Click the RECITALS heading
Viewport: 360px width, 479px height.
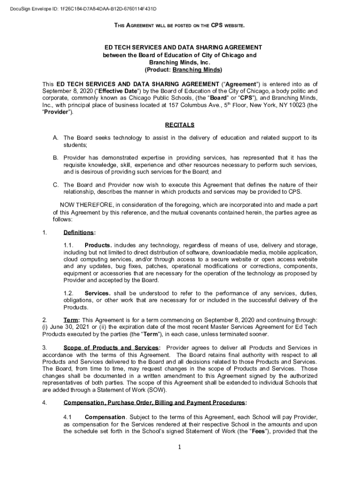click(x=180, y=125)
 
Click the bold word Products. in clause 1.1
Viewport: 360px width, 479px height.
click(x=98, y=246)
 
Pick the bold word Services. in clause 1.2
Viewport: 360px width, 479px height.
click(x=97, y=293)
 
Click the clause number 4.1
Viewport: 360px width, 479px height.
click(x=68, y=417)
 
